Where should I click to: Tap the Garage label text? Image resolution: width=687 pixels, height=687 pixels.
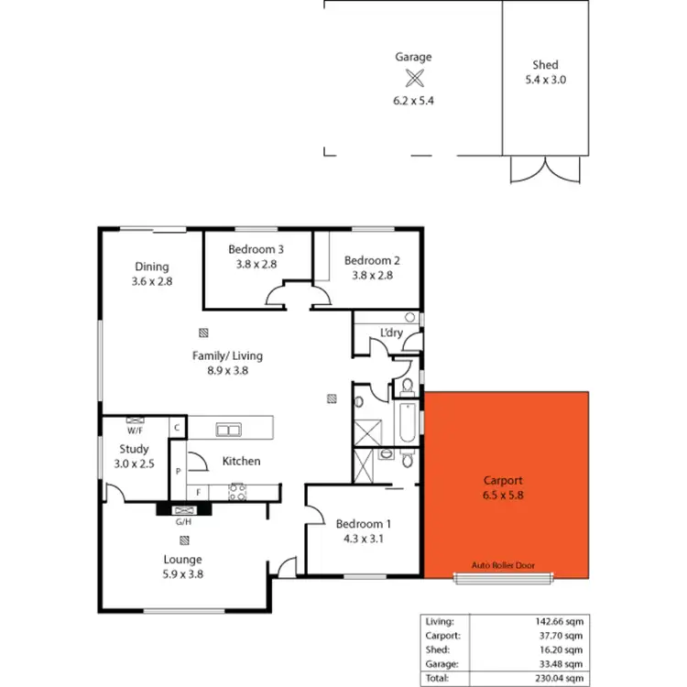413,57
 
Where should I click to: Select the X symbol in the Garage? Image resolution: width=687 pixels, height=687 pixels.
414,79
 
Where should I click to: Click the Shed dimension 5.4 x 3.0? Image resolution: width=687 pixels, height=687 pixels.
545,81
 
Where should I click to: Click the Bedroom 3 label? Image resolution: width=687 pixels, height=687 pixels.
256,249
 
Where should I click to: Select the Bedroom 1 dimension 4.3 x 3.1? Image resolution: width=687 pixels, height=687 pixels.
364,539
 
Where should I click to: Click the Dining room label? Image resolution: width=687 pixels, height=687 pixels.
151,267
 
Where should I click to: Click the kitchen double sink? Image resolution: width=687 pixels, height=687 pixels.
227,430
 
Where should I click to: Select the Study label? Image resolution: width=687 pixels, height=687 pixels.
134,449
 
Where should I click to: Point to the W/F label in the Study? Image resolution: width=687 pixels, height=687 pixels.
135,431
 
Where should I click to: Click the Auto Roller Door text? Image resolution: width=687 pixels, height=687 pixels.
503,565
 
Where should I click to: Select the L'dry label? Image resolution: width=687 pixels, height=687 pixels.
391,332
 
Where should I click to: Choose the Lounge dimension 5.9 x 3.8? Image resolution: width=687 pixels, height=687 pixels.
183,574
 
